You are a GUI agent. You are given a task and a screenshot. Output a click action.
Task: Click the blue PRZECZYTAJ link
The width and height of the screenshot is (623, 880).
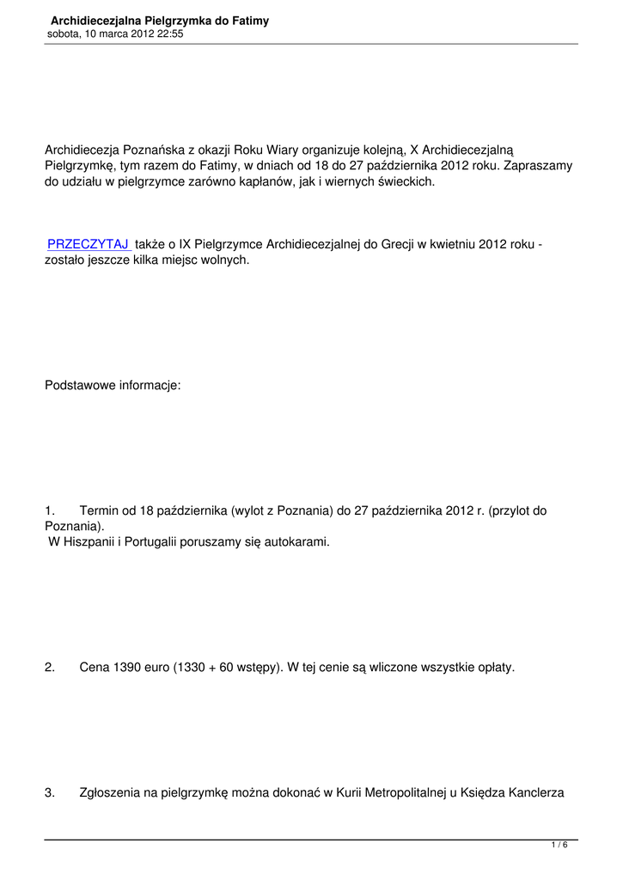click(x=88, y=245)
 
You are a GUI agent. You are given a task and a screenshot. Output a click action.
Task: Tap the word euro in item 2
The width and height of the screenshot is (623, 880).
click(x=163, y=668)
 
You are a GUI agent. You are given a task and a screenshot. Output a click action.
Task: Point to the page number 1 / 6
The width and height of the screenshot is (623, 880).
click(x=559, y=846)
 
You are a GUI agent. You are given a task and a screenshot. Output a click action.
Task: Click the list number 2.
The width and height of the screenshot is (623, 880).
click(x=49, y=668)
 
